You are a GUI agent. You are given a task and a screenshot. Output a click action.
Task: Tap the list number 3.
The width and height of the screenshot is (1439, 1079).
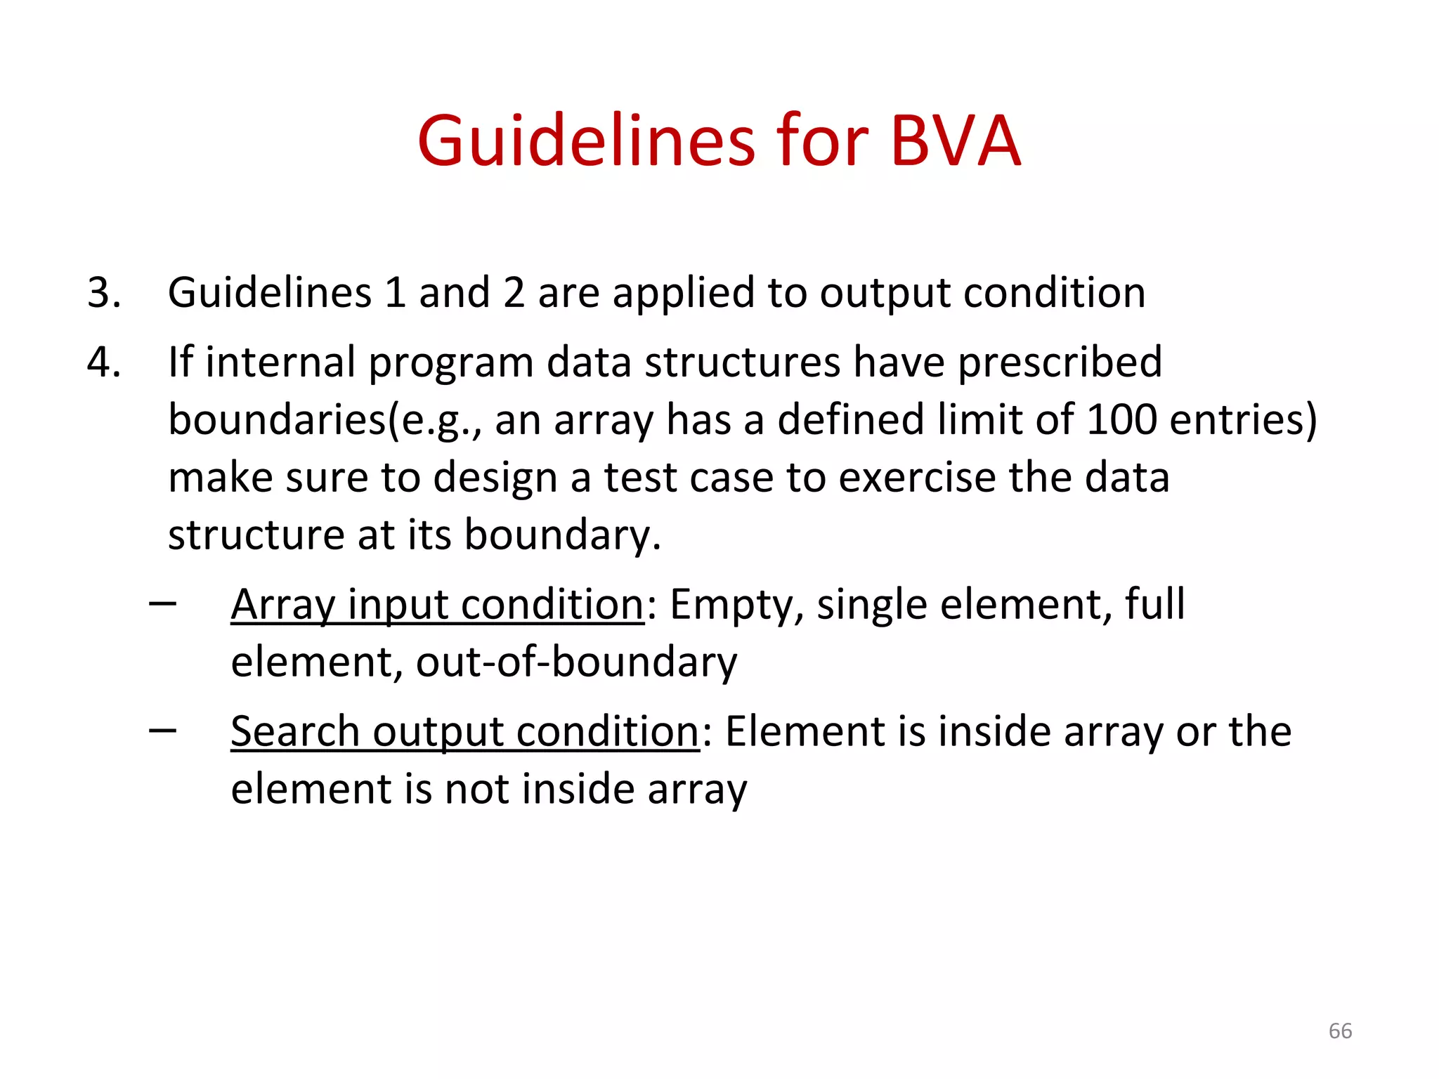(103, 292)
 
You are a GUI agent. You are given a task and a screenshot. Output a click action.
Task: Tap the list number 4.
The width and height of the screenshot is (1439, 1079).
(103, 362)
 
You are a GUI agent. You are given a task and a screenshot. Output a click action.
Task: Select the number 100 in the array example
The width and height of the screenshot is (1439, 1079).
(1121, 419)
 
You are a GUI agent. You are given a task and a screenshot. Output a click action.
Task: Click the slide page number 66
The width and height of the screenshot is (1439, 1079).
(1340, 1031)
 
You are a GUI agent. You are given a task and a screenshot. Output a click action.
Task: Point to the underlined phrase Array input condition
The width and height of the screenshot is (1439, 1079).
(437, 604)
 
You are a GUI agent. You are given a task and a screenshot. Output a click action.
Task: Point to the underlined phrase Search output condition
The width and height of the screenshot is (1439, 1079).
(464, 731)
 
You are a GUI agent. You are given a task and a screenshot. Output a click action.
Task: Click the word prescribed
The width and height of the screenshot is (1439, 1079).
(1060, 362)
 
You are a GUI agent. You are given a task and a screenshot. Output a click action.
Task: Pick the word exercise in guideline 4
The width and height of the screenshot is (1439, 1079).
(917, 478)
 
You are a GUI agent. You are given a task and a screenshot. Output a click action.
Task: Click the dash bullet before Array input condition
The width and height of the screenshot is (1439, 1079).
(163, 604)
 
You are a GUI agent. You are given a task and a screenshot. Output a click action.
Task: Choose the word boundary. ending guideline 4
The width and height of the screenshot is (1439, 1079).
(562, 535)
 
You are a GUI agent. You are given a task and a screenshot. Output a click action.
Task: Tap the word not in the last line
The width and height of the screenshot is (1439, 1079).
(477, 789)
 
